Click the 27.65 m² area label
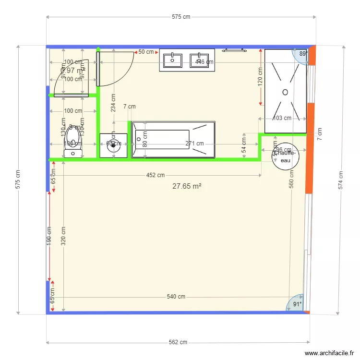point(186,186)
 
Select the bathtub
point(173,139)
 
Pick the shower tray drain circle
point(285,91)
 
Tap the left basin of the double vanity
point(173,60)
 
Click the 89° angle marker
point(303,54)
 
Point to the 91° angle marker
point(298,304)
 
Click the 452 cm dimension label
point(156,175)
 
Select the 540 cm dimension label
point(176,297)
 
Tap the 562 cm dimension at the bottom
point(178,342)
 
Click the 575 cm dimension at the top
point(181,17)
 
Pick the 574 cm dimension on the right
point(340,180)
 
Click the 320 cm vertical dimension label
point(63,236)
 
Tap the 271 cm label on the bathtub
point(195,143)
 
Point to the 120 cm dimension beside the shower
point(260,76)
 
